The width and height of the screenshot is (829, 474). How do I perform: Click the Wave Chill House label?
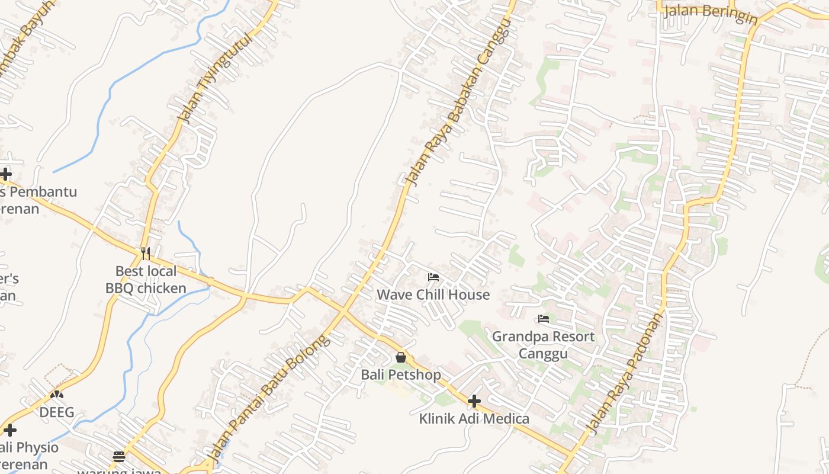click(x=433, y=294)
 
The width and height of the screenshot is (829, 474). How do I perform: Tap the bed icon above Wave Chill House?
click(x=433, y=277)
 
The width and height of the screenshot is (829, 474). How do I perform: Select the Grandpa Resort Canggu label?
click(x=544, y=345)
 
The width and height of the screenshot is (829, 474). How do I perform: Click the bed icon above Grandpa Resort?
click(x=544, y=319)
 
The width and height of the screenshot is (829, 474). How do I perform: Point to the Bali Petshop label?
click(x=401, y=375)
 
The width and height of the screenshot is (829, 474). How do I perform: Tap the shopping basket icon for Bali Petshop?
click(x=401, y=357)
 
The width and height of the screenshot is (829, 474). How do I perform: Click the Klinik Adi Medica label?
click(x=474, y=419)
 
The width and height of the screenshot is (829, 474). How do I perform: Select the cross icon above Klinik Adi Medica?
click(x=474, y=401)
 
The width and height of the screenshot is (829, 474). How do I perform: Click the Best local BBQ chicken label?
click(x=146, y=280)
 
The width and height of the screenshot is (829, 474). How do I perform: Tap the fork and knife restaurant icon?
click(x=146, y=254)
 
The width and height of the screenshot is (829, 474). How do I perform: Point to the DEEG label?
click(x=57, y=412)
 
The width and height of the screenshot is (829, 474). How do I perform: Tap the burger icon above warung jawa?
click(x=119, y=456)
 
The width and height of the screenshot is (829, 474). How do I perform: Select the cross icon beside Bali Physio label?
click(x=10, y=430)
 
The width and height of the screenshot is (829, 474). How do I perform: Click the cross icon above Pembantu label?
click(x=5, y=174)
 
